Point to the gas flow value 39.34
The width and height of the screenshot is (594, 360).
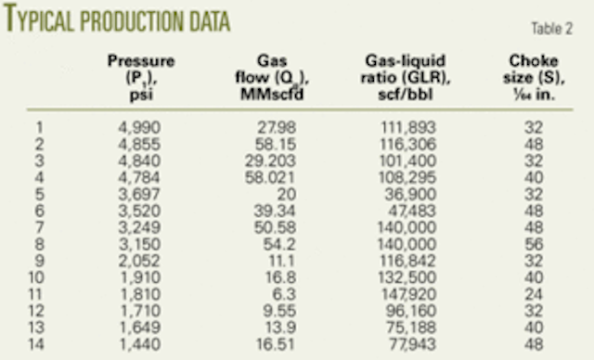pos(265,205)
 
